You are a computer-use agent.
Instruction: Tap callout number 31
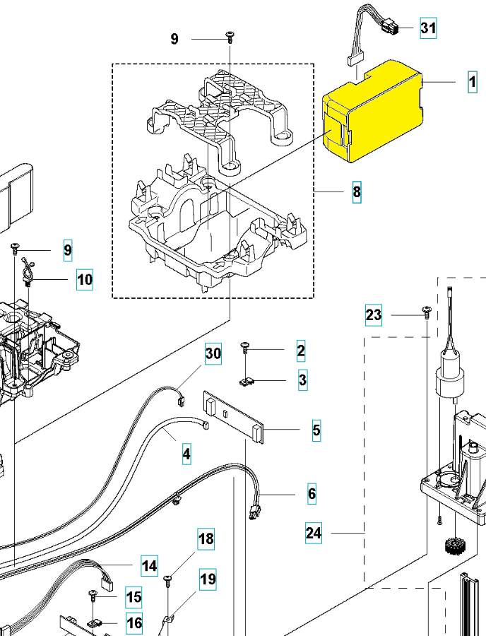(428, 28)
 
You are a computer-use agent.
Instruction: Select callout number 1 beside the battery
(472, 82)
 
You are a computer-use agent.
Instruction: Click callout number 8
(357, 192)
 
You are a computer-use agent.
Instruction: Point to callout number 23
(373, 315)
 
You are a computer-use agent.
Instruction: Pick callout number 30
(213, 354)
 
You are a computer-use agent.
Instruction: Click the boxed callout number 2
(301, 351)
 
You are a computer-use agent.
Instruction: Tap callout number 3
(302, 380)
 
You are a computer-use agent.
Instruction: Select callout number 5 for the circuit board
(316, 430)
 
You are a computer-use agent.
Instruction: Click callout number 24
(314, 533)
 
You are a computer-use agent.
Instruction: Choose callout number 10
(85, 279)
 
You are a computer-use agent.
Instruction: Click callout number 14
(150, 566)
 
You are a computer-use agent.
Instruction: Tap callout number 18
(206, 538)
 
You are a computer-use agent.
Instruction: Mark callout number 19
(208, 579)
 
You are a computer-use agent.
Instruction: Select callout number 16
(134, 623)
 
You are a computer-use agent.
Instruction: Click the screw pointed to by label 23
(427, 312)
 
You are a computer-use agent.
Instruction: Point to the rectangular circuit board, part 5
(234, 418)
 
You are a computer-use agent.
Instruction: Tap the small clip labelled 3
(247, 382)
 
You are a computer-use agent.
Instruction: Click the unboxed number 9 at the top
(174, 39)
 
